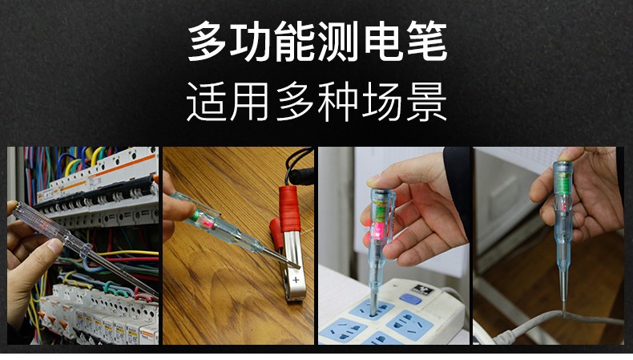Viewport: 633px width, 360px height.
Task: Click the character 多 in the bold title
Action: pos(207,42)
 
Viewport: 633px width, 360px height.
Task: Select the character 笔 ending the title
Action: pos(427,42)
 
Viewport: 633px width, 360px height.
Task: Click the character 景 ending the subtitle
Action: pos(427,101)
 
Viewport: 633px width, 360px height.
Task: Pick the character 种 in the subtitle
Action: pos(337,101)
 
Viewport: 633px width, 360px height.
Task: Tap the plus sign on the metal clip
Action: pos(296,280)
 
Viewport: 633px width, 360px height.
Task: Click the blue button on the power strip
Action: pos(410,299)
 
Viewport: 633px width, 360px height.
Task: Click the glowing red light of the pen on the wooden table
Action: pos(208,223)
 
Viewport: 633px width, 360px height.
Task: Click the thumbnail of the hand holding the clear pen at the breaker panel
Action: pos(83,245)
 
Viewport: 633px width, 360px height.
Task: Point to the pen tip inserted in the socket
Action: pos(374,302)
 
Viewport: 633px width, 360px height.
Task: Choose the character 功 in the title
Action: pos(250,42)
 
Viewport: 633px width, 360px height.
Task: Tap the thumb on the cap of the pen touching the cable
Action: pos(570,154)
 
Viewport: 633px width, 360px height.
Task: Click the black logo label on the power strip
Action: pos(422,289)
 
